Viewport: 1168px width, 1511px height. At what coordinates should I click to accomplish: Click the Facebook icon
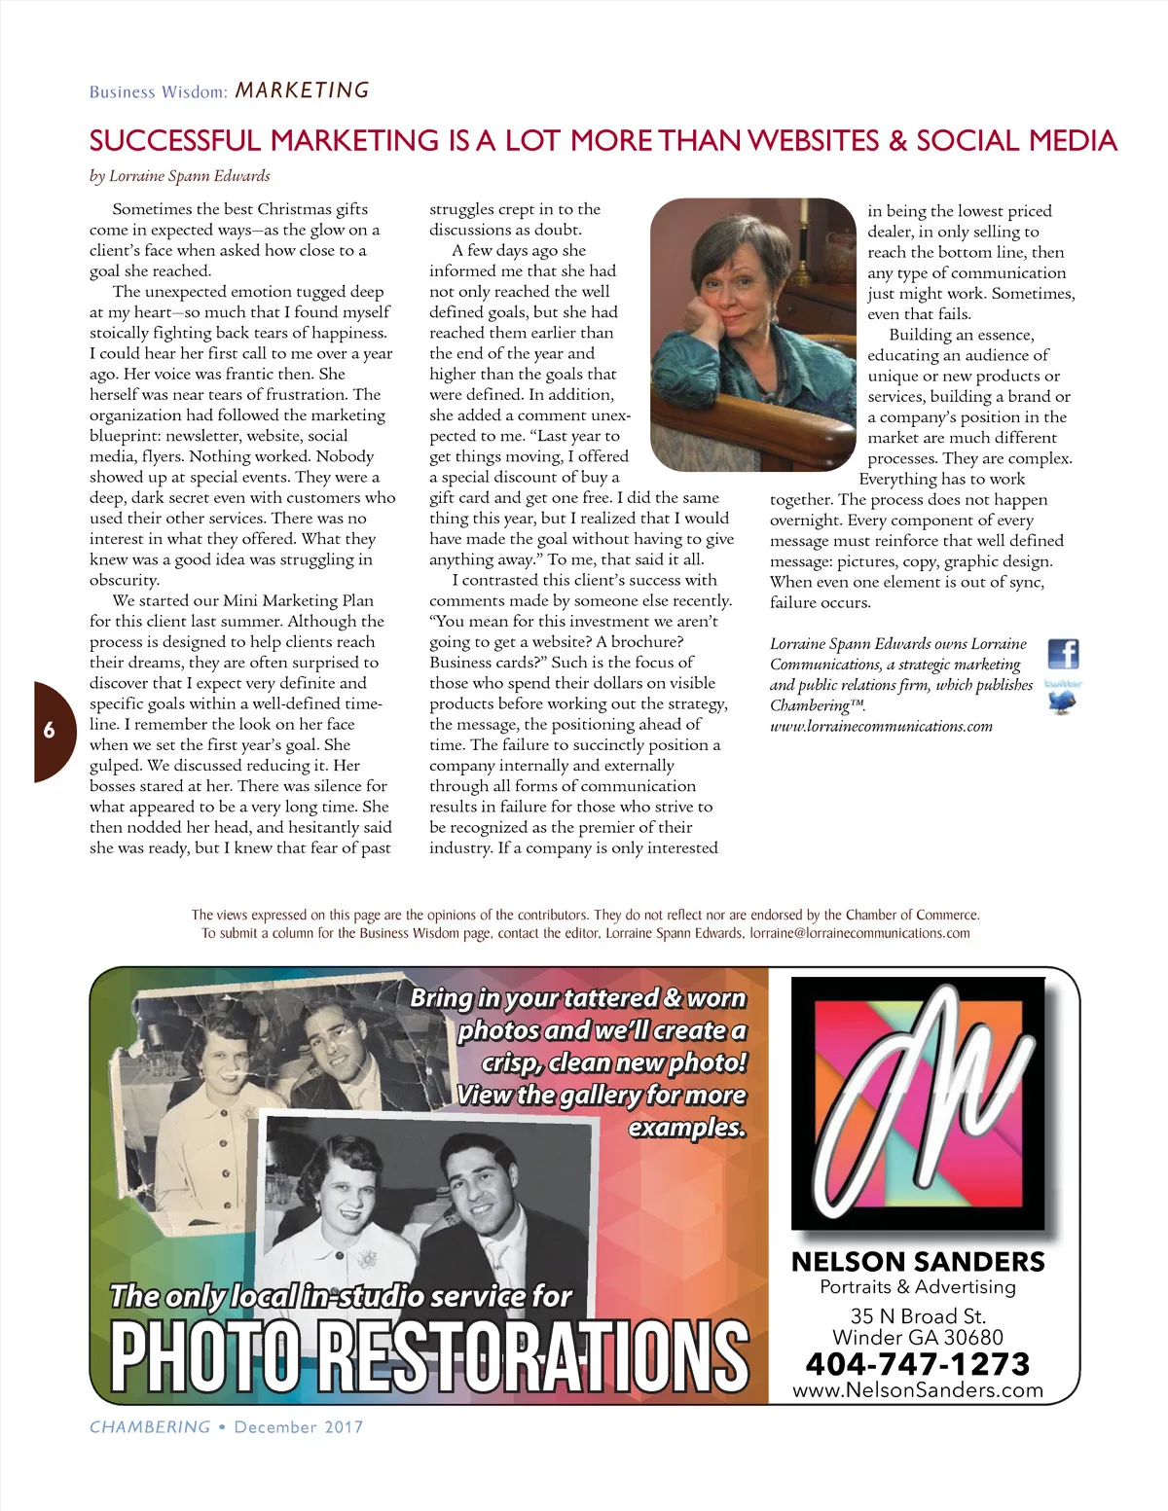[x=1063, y=653]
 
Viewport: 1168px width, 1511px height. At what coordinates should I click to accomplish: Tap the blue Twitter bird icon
[x=1062, y=702]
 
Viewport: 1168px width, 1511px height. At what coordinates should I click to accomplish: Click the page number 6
[x=49, y=731]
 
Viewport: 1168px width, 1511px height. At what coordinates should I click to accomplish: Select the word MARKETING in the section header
[x=303, y=90]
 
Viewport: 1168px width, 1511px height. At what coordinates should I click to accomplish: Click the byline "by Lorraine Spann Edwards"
[x=180, y=176]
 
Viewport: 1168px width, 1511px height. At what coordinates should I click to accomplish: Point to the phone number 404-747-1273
[x=917, y=1363]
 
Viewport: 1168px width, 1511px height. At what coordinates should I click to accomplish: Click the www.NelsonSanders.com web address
[x=917, y=1390]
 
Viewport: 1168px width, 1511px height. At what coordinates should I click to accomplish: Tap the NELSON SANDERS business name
[x=917, y=1262]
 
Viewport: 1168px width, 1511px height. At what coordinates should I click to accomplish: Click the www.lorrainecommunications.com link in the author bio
[x=881, y=726]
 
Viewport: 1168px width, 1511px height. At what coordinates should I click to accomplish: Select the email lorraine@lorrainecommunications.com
[x=859, y=933]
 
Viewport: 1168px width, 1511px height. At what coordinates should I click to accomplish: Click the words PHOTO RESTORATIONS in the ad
[x=429, y=1353]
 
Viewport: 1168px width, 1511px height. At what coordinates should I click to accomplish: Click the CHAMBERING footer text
[x=150, y=1427]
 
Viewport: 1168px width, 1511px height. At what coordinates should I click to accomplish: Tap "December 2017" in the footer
[x=299, y=1427]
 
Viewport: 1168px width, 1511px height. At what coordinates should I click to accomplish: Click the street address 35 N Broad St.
[x=917, y=1315]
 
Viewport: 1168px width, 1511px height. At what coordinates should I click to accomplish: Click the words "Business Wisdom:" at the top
[x=159, y=92]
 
